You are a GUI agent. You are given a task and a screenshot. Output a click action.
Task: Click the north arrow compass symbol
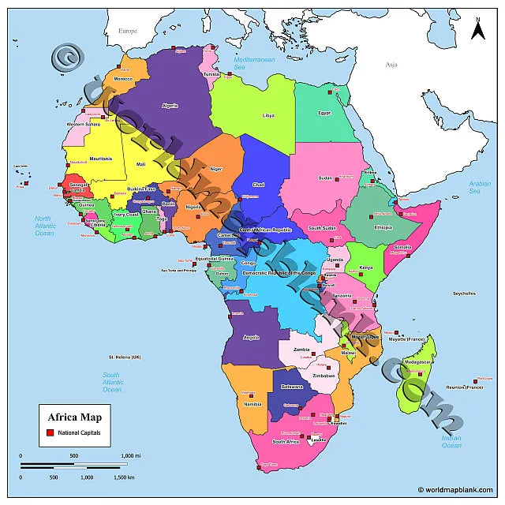tap(477, 29)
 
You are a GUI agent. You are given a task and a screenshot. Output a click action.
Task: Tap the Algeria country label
tap(170, 106)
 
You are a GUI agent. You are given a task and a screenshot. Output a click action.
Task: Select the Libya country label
tap(268, 115)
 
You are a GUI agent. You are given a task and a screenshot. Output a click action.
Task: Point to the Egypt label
tap(324, 112)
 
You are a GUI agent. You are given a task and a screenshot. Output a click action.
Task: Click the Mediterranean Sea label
tap(253, 63)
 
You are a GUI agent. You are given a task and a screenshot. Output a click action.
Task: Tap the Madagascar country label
tap(419, 362)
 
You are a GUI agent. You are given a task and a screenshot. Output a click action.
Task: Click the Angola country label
tap(252, 338)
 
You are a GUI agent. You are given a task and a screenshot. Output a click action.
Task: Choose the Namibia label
tap(252, 404)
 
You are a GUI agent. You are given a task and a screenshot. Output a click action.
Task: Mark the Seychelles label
tap(464, 294)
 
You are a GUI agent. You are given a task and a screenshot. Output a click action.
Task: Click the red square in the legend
tap(49, 433)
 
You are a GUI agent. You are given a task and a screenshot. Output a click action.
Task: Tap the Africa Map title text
tap(74, 417)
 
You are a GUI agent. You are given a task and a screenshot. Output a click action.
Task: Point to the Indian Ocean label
tap(451, 441)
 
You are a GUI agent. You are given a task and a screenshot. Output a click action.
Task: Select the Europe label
tap(128, 31)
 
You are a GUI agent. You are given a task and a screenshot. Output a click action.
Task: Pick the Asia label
tap(391, 65)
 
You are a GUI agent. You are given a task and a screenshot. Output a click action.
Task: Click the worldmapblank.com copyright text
tap(458, 490)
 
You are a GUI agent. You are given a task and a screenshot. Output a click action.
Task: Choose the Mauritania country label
tap(101, 159)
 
